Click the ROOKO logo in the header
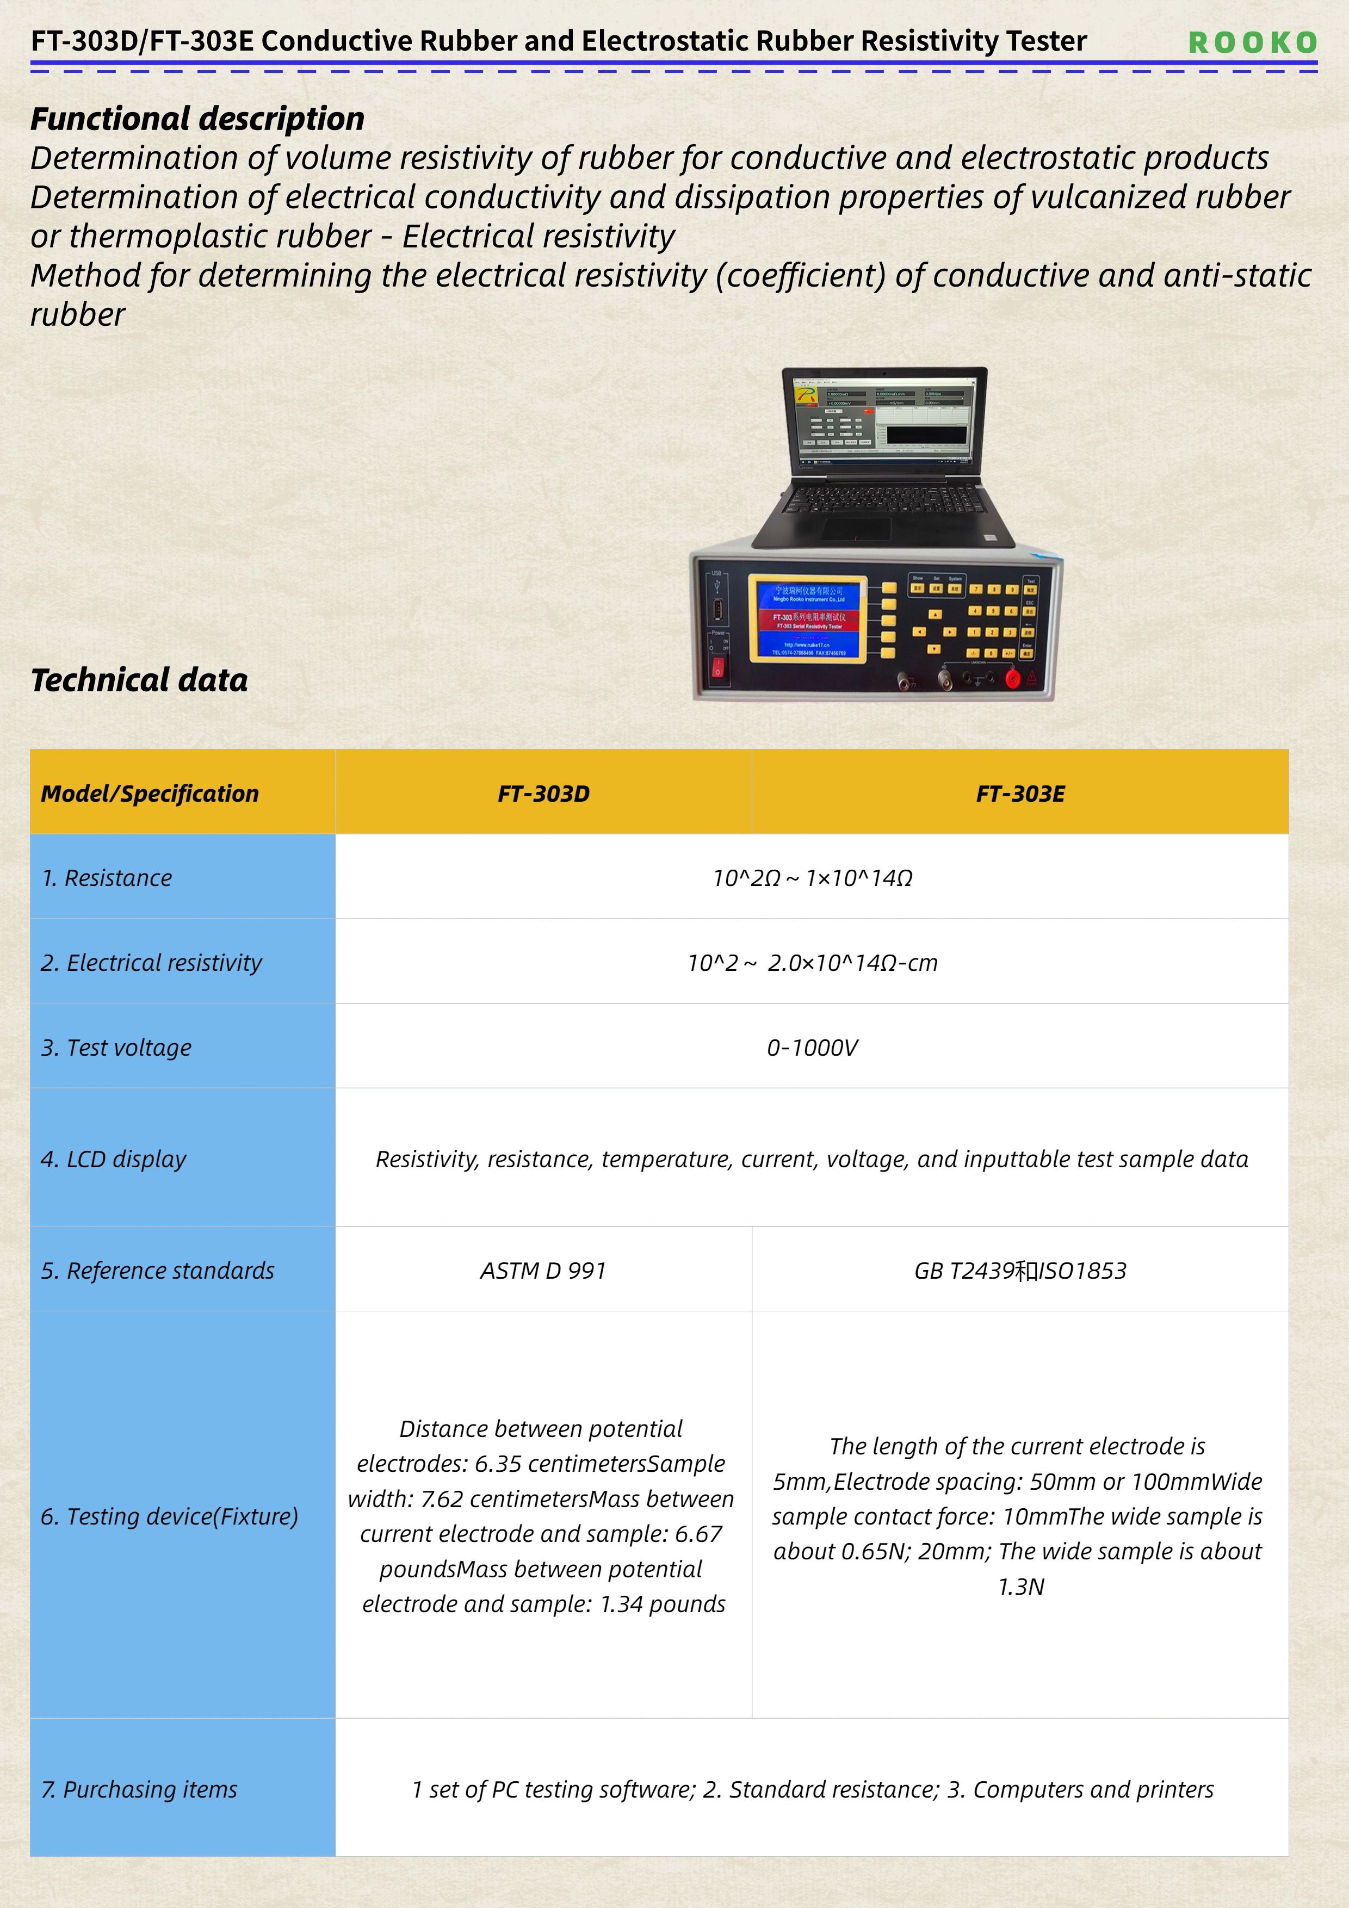pos(1252,42)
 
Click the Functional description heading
pos(197,119)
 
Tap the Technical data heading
pos(139,680)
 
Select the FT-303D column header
pos(543,794)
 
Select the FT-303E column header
pos(1020,794)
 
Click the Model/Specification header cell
pos(150,794)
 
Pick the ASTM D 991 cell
pos(543,1271)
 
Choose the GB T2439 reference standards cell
pos(1020,1271)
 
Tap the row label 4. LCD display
pos(114,1159)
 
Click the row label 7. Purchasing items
pos(139,1789)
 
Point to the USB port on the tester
pos(717,611)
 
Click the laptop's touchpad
pos(856,529)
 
